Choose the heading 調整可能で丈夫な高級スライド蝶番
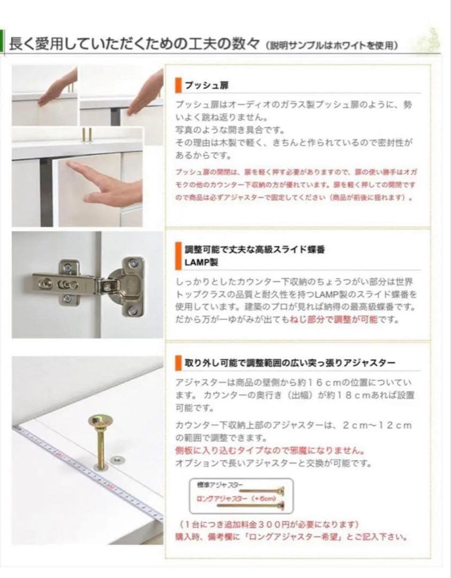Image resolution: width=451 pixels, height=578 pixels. click(255, 250)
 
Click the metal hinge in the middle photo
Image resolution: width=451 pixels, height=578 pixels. click(88, 287)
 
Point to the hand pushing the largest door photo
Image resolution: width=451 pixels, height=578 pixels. click(107, 185)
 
